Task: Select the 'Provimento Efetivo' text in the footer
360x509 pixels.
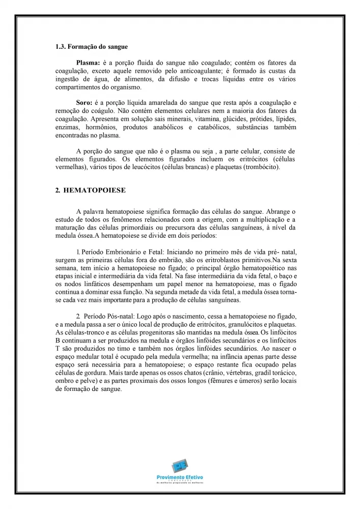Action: (180, 477)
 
